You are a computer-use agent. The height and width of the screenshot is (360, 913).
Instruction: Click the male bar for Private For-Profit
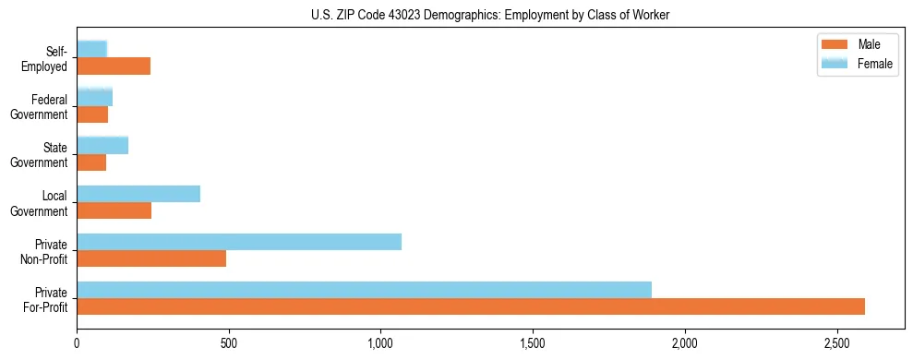pyautogui.click(x=471, y=306)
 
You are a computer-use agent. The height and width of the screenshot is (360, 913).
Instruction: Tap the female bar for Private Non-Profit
pyautogui.click(x=239, y=242)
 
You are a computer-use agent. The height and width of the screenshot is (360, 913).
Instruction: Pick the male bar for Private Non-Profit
pyautogui.click(x=151, y=258)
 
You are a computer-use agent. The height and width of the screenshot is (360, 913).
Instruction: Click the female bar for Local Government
pyautogui.click(x=138, y=194)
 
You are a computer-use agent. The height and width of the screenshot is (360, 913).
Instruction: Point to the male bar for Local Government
pyautogui.click(x=114, y=210)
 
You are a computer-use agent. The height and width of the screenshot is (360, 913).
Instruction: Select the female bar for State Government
pyautogui.click(x=102, y=145)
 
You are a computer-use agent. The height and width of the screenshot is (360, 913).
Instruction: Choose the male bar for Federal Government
pyautogui.click(x=92, y=115)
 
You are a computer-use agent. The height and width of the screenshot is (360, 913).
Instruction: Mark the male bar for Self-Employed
pyautogui.click(x=114, y=66)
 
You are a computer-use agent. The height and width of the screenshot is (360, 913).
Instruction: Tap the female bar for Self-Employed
pyautogui.click(x=92, y=49)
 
